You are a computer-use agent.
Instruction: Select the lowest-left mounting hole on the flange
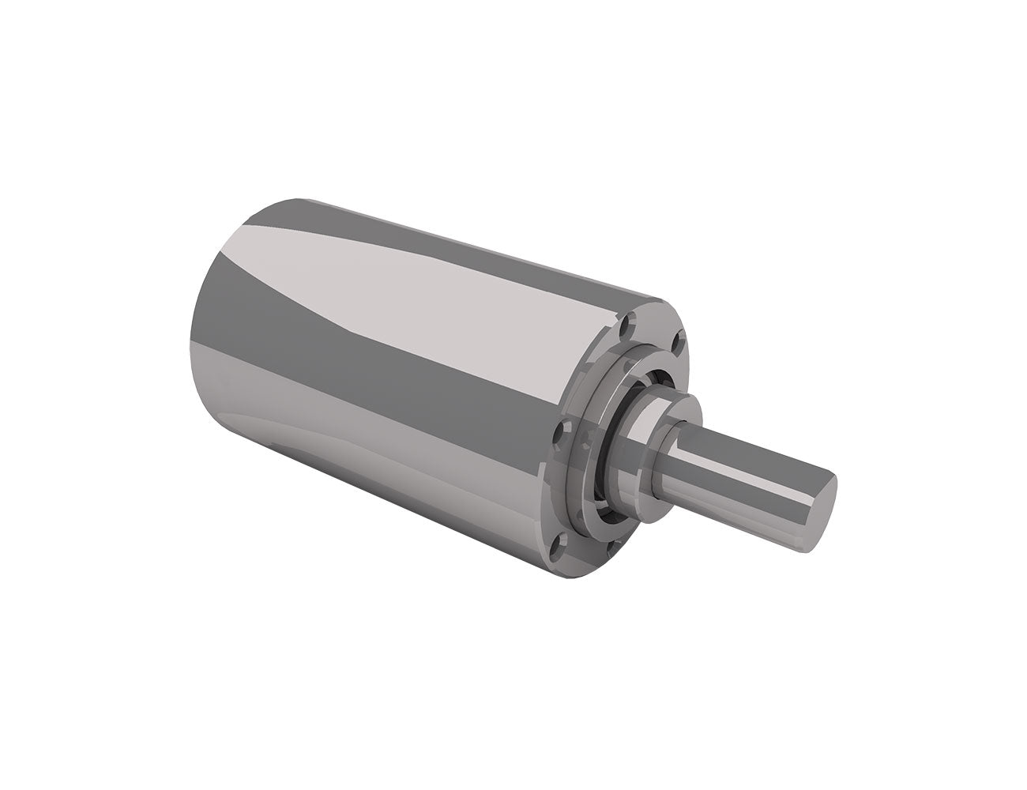pyautogui.click(x=562, y=543)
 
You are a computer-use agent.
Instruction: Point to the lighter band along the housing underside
pyautogui.click(x=371, y=474)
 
